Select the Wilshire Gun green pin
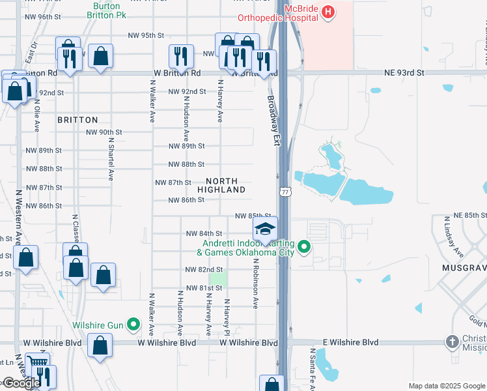point(133,323)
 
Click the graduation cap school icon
point(265,229)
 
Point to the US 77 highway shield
point(285,191)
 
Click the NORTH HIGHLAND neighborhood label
point(226,185)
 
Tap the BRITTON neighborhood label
point(77,120)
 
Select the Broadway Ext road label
point(273,121)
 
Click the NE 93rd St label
point(404,73)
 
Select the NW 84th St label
point(204,233)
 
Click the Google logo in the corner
point(21,383)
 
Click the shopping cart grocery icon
point(38,364)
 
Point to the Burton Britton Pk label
point(107,8)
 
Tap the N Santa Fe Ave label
point(313,368)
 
